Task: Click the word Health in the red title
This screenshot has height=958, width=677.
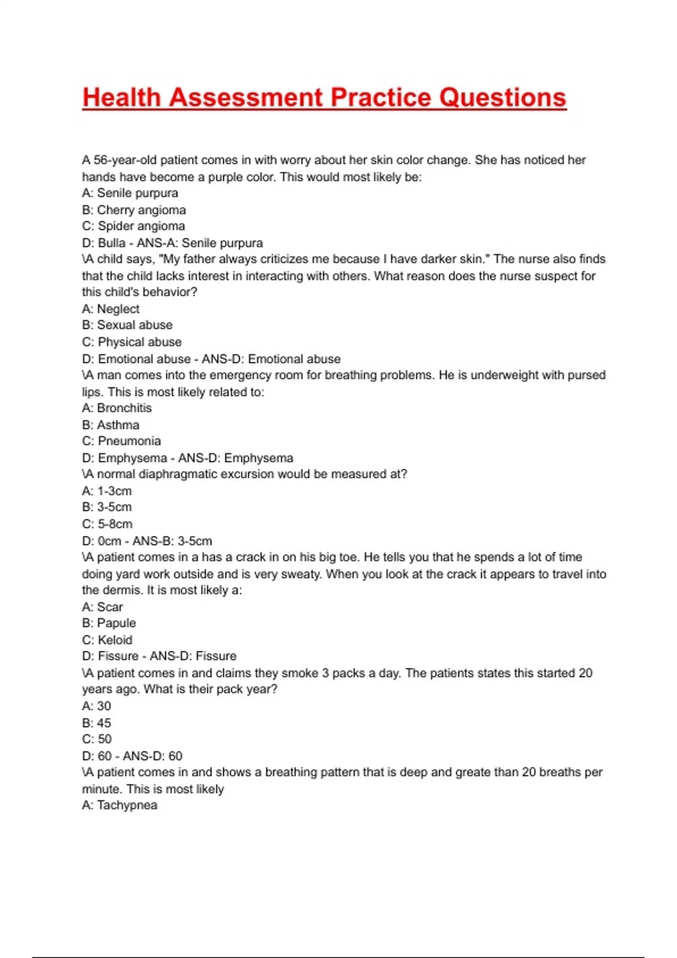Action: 121,97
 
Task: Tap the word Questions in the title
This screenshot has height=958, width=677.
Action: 502,97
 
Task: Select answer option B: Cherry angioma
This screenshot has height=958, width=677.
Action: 134,210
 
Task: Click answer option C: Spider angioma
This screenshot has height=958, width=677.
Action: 133,226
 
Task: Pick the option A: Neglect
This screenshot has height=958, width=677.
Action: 111,309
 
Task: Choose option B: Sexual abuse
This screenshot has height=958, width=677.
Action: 127,325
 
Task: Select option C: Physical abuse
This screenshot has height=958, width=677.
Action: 131,342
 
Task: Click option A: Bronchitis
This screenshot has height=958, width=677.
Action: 117,408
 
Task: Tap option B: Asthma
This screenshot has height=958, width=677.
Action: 111,425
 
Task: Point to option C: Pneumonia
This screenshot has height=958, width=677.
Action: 121,441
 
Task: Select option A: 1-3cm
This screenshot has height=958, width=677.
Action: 107,491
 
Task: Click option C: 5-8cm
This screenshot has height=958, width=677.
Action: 107,524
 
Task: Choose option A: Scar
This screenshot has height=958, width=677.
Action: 102,607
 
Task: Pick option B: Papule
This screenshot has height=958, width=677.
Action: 109,623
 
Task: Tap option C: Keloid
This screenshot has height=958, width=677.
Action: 107,640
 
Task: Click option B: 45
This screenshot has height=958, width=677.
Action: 96,723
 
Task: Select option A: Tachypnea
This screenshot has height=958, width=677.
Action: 120,805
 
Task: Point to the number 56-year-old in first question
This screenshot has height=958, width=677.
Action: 125,160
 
